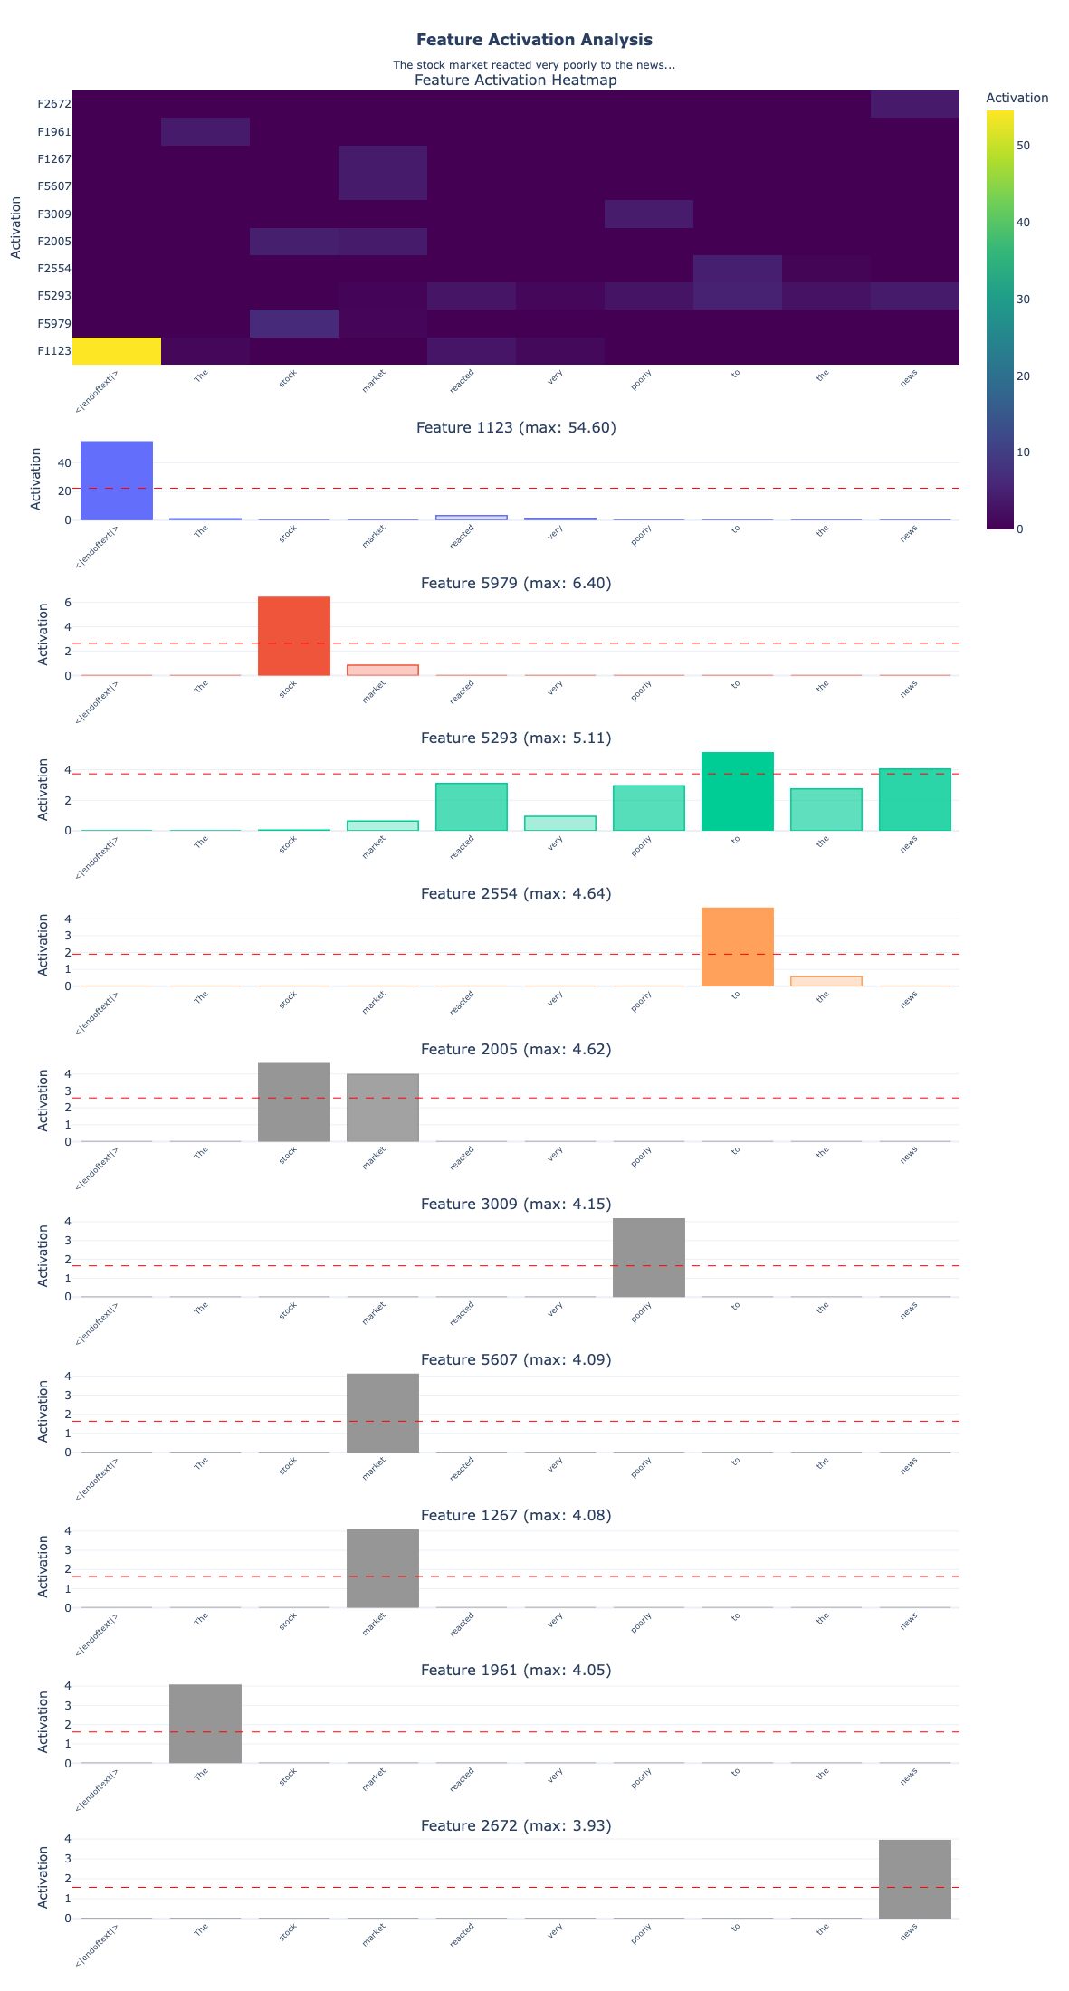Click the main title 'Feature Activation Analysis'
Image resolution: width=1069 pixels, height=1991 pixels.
point(534,40)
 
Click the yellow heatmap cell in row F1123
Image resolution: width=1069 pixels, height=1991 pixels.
point(117,351)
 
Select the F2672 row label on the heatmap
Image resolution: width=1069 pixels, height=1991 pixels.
point(54,104)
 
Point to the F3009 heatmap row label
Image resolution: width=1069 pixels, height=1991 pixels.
point(54,214)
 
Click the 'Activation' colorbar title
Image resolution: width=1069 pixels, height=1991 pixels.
point(1017,98)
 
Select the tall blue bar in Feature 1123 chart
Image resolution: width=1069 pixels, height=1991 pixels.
point(117,481)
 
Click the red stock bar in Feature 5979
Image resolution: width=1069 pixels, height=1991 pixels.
point(294,636)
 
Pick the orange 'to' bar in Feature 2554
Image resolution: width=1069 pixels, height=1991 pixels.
point(738,947)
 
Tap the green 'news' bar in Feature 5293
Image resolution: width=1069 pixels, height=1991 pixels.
point(915,800)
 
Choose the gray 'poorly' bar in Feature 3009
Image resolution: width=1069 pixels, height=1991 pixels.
point(649,1258)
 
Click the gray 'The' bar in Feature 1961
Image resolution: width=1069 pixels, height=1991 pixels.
point(205,1724)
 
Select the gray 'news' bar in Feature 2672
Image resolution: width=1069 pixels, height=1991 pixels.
point(915,1879)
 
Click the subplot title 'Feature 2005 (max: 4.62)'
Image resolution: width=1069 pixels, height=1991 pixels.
point(516,1049)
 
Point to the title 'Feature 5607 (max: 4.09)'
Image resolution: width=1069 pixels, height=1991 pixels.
point(516,1359)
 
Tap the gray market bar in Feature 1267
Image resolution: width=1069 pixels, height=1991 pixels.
point(383,1568)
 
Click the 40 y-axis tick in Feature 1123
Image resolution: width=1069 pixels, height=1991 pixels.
point(63,462)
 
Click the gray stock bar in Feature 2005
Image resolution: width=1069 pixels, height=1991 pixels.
point(294,1102)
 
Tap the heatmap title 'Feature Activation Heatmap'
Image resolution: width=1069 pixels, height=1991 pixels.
point(516,81)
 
